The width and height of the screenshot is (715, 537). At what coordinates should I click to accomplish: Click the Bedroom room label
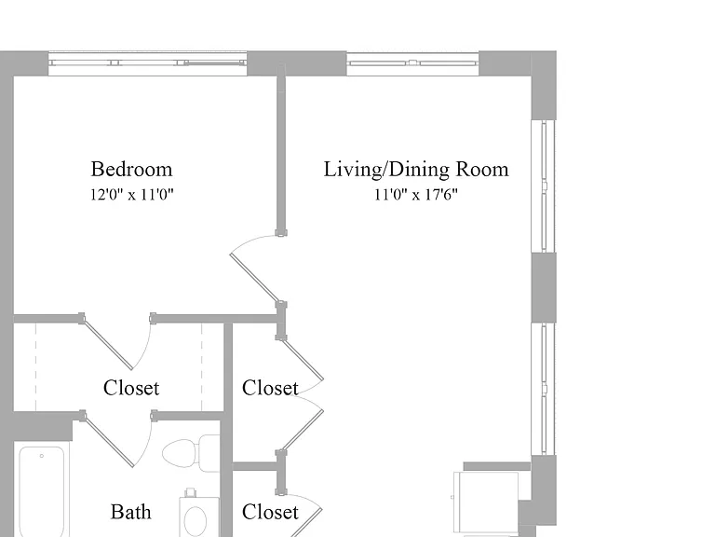[131, 169]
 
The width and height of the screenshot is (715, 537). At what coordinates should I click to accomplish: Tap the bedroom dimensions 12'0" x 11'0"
[131, 195]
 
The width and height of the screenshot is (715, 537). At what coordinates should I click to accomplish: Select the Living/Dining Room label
[416, 169]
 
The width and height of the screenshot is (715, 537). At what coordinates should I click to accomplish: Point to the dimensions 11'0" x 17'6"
[416, 195]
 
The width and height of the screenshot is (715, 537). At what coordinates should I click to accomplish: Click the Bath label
[131, 512]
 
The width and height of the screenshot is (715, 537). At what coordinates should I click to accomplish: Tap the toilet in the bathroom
[191, 453]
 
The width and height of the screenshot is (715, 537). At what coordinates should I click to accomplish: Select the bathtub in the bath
[42, 491]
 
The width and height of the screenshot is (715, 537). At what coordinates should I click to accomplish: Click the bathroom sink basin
[196, 520]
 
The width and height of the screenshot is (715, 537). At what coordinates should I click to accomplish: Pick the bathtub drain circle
[42, 456]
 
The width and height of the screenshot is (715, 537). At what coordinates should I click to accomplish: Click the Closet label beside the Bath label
[270, 512]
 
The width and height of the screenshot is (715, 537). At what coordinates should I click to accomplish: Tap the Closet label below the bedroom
[131, 388]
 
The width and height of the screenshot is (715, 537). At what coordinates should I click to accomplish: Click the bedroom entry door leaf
[253, 279]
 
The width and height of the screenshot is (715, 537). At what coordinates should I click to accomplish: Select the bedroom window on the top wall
[147, 63]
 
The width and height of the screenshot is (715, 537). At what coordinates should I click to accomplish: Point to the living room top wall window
[412, 63]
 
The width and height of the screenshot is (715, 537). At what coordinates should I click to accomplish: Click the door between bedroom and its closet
[108, 343]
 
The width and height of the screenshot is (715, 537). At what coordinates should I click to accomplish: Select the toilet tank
[209, 453]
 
